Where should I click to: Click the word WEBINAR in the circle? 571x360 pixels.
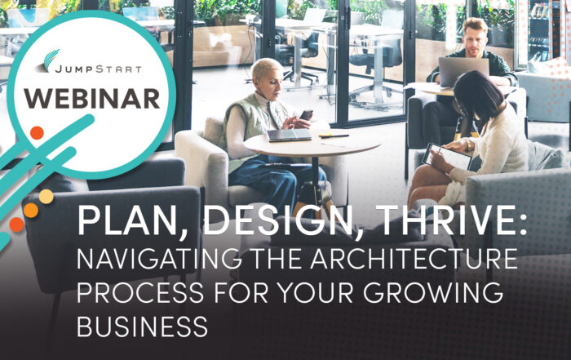pos(92,99)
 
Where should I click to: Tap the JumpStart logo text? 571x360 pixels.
pos(98,69)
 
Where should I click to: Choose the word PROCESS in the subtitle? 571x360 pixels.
pos(140,292)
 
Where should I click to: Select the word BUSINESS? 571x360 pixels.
pos(142,326)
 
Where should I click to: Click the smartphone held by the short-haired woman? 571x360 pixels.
pos(306,115)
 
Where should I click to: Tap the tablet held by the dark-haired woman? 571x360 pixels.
pos(447,156)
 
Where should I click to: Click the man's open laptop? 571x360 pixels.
pos(463,72)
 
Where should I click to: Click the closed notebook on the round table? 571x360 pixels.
pos(290,135)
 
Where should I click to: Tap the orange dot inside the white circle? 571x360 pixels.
pos(37,133)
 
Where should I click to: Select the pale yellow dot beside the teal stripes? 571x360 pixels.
pos(46,197)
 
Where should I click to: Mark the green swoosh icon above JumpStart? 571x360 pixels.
pos(51,60)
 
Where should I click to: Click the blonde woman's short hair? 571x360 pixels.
pos(267,68)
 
